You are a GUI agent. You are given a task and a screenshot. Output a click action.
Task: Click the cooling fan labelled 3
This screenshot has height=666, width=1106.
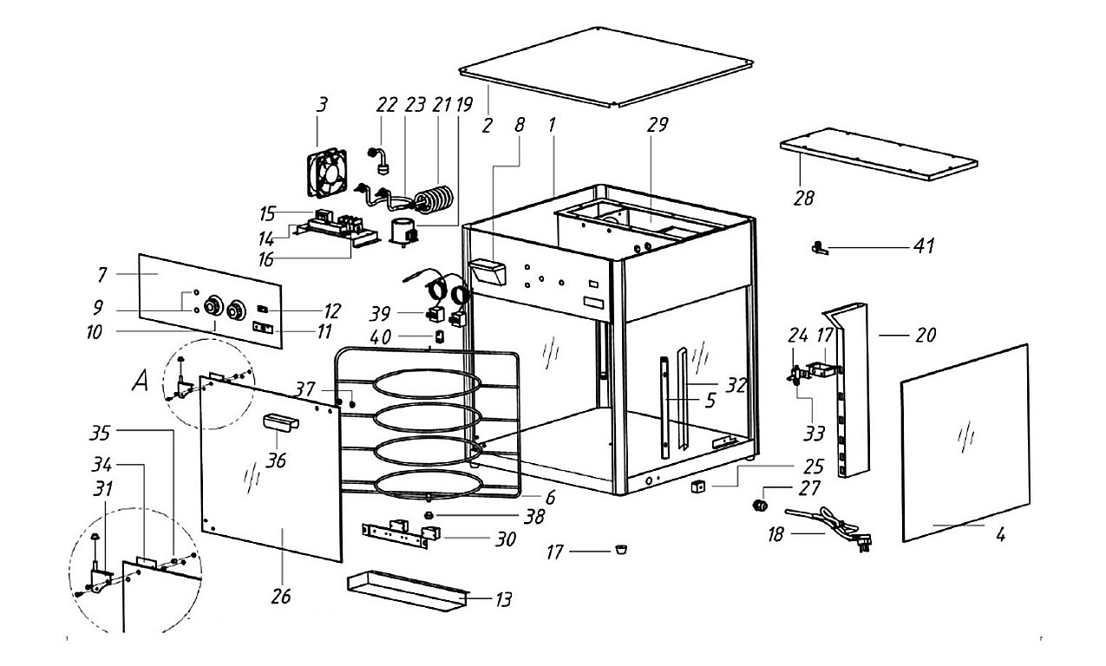click(x=327, y=172)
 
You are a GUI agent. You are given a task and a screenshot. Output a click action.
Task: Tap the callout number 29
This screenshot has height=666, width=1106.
click(x=658, y=124)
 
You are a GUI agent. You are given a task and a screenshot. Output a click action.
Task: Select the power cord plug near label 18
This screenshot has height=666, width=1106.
click(x=863, y=543)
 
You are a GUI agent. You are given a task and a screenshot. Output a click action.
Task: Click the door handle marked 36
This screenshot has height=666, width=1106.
click(x=281, y=422)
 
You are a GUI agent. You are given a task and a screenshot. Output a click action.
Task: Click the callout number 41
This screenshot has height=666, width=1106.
click(x=924, y=245)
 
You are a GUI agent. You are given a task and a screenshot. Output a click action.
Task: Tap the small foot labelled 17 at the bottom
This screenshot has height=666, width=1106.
click(x=621, y=549)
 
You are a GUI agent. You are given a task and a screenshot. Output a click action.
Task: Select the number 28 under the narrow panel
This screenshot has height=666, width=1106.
click(x=804, y=199)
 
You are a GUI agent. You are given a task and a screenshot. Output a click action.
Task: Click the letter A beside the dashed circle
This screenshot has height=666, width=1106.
click(x=141, y=381)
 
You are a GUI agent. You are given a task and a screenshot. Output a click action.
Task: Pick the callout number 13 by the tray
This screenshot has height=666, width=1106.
click(x=503, y=599)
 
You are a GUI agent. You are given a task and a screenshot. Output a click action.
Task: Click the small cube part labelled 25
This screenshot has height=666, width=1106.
click(x=697, y=487)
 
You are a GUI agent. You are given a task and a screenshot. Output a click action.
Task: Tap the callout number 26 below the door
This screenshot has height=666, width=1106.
click(x=281, y=597)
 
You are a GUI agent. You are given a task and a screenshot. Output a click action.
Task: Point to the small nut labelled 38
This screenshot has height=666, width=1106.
click(x=429, y=515)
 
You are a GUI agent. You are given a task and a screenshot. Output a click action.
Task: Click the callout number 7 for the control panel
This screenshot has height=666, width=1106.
click(x=102, y=275)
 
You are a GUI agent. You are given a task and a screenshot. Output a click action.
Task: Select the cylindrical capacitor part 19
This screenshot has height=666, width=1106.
click(x=403, y=232)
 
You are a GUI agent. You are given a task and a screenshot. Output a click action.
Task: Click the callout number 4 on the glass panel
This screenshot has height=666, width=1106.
click(x=1000, y=534)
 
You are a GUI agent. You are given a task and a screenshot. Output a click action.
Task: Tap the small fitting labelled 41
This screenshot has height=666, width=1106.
click(x=818, y=247)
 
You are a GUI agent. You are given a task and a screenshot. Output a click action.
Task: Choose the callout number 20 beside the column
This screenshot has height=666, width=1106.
click(x=926, y=336)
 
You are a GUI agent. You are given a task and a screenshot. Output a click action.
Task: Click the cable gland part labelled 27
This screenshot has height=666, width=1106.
click(x=761, y=505)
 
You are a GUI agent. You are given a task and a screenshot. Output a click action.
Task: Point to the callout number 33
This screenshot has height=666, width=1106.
click(x=814, y=434)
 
